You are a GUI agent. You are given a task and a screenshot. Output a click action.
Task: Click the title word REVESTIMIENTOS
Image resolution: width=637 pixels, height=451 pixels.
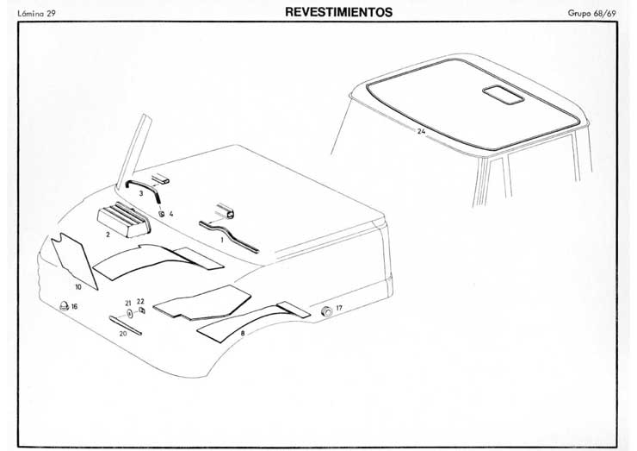tap(338, 12)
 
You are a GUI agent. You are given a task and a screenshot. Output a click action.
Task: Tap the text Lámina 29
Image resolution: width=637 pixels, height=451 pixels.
tap(36, 13)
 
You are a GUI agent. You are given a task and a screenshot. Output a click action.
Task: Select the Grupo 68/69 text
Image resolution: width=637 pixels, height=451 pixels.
tap(591, 13)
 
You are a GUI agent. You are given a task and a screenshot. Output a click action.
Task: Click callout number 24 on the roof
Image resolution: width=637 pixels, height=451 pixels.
tap(421, 131)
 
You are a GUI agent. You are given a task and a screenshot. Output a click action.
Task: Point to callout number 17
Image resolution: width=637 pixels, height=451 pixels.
tap(339, 308)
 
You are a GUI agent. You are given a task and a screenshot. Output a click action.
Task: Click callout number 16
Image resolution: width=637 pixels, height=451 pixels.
tap(74, 306)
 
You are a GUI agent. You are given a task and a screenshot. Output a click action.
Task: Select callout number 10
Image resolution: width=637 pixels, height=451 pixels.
tap(77, 285)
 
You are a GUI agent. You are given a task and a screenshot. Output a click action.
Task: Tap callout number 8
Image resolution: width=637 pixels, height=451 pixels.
tap(243, 332)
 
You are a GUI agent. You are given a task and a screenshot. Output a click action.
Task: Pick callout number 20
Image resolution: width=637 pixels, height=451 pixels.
tap(122, 333)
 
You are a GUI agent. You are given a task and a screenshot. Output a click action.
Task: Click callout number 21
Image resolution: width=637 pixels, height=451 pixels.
tap(127, 303)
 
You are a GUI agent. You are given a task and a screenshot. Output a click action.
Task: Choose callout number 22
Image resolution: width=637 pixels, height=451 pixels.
tap(140, 302)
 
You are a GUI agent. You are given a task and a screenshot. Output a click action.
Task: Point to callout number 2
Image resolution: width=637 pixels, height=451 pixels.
tap(108, 234)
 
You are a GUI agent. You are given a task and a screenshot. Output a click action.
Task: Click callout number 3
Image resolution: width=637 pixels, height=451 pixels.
tap(140, 193)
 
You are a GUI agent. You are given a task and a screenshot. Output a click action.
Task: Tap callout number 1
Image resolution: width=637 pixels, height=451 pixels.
tap(221, 239)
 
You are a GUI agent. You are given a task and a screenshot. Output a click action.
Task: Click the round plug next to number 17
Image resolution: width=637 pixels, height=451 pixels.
tap(326, 311)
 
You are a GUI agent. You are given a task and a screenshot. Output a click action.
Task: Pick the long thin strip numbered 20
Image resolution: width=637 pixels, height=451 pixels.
tap(126, 325)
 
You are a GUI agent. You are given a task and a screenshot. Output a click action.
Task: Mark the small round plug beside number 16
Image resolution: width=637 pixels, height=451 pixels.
tap(63, 307)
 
